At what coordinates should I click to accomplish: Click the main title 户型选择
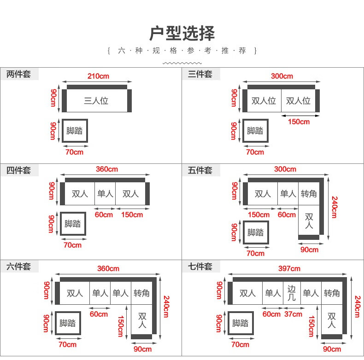click(182, 33)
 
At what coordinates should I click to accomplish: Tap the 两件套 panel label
click(18, 74)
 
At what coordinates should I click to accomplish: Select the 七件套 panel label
click(200, 266)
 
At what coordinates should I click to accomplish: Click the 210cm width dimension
click(98, 76)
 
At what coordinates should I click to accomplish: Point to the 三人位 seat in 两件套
click(96, 101)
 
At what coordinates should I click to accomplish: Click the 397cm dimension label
click(289, 268)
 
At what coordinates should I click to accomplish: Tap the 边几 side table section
click(292, 293)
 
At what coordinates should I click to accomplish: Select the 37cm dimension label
click(293, 314)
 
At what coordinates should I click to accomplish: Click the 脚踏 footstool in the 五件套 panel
click(256, 232)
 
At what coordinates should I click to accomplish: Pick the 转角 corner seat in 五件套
click(309, 194)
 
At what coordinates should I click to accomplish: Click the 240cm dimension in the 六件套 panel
click(166, 307)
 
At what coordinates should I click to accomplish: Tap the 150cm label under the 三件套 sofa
click(299, 122)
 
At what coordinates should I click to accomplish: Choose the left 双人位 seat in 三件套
click(264, 101)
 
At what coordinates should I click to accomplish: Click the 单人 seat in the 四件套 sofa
click(105, 194)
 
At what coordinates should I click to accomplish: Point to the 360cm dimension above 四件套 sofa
click(107, 169)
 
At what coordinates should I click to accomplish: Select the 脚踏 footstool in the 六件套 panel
click(68, 323)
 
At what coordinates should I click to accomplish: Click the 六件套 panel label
click(18, 266)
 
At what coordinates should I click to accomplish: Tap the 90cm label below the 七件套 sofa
click(332, 349)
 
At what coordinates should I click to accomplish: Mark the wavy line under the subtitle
click(182, 63)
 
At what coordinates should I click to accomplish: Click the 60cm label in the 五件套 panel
click(287, 215)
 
